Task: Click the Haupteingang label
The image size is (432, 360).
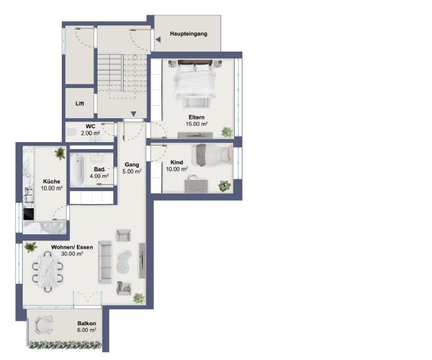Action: coord(188,33)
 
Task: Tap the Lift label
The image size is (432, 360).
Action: coord(80,104)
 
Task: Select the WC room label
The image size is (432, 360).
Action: coord(90,126)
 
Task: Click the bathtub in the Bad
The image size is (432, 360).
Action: coord(77,169)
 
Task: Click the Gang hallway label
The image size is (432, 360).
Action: coord(132,165)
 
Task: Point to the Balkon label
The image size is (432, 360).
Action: coord(87,323)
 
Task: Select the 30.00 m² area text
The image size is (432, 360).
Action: coord(71,254)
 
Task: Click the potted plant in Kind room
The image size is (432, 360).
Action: coord(224,185)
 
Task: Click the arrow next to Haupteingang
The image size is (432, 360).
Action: coord(158,40)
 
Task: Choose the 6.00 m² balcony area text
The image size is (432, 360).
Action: coord(87,330)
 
